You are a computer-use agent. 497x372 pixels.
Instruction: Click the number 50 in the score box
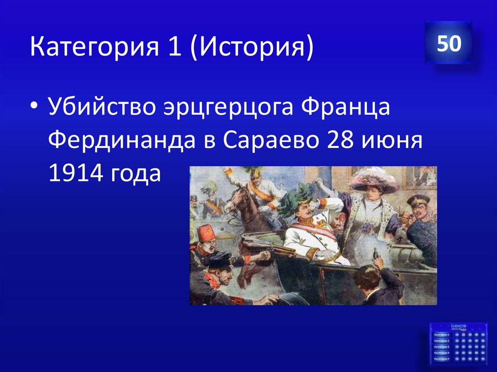click(x=448, y=44)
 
